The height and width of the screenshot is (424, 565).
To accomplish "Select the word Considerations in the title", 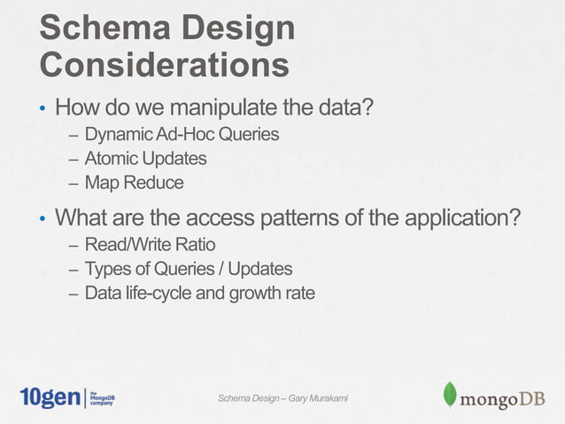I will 164,66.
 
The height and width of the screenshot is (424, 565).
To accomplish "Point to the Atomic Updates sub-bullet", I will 145,159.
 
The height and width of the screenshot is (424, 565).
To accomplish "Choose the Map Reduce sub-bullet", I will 134,183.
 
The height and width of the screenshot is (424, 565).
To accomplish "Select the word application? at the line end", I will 446,218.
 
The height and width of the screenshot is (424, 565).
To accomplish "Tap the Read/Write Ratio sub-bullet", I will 150,244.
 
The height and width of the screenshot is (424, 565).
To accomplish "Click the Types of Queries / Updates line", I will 188,268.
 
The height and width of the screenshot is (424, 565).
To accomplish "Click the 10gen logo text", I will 50,397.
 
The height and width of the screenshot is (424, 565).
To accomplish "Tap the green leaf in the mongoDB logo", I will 450,395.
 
